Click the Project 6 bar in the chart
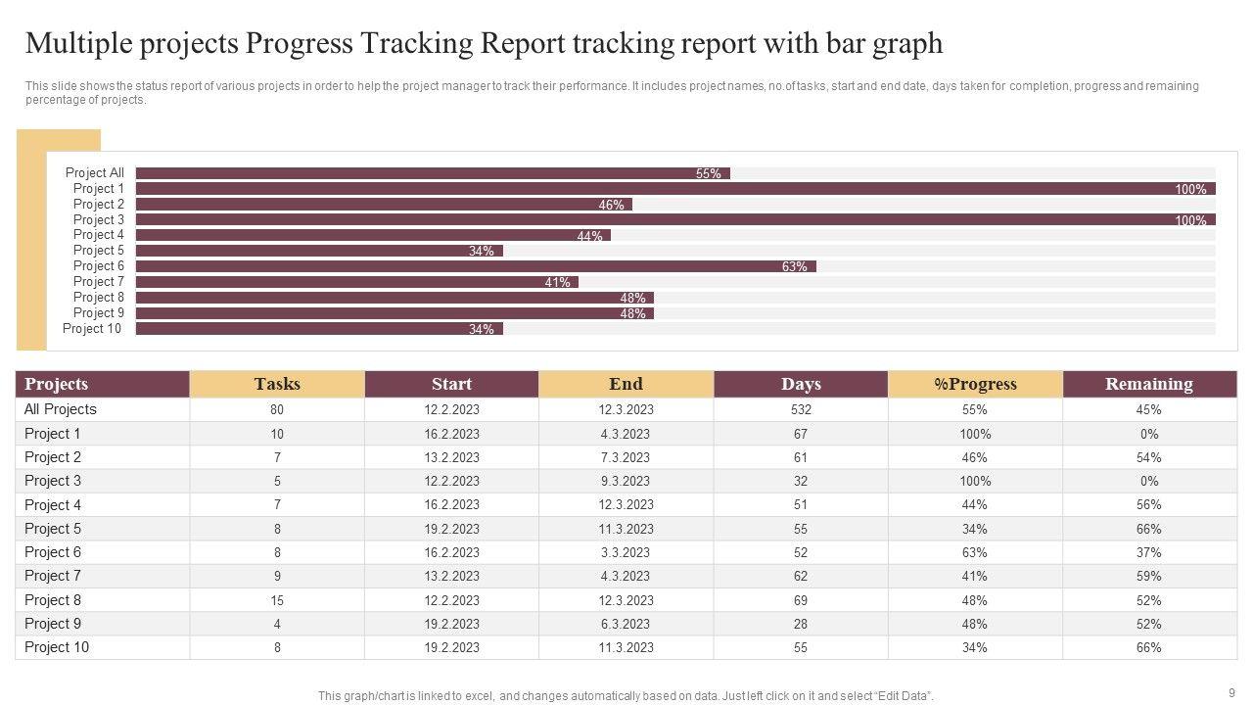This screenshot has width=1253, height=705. (475, 266)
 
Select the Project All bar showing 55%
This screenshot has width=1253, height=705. (432, 173)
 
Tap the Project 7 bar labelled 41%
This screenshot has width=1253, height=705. (356, 282)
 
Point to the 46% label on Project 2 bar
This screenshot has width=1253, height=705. (611, 205)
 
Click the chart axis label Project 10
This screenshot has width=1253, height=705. (92, 329)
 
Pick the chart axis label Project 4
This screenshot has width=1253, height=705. (98, 235)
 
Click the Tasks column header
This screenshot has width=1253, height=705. (277, 384)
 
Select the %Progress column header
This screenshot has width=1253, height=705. (975, 384)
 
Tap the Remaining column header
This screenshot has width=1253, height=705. (1149, 384)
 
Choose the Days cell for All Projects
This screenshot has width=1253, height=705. (801, 410)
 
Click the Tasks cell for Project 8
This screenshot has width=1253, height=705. (277, 600)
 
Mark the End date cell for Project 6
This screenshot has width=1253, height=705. (626, 552)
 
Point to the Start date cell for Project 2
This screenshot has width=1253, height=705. (451, 457)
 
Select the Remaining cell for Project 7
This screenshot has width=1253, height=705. (1149, 577)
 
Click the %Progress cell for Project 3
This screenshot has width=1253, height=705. (975, 481)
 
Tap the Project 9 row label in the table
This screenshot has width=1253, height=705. (53, 624)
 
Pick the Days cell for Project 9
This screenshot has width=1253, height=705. (801, 624)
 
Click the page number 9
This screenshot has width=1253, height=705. (1231, 692)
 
